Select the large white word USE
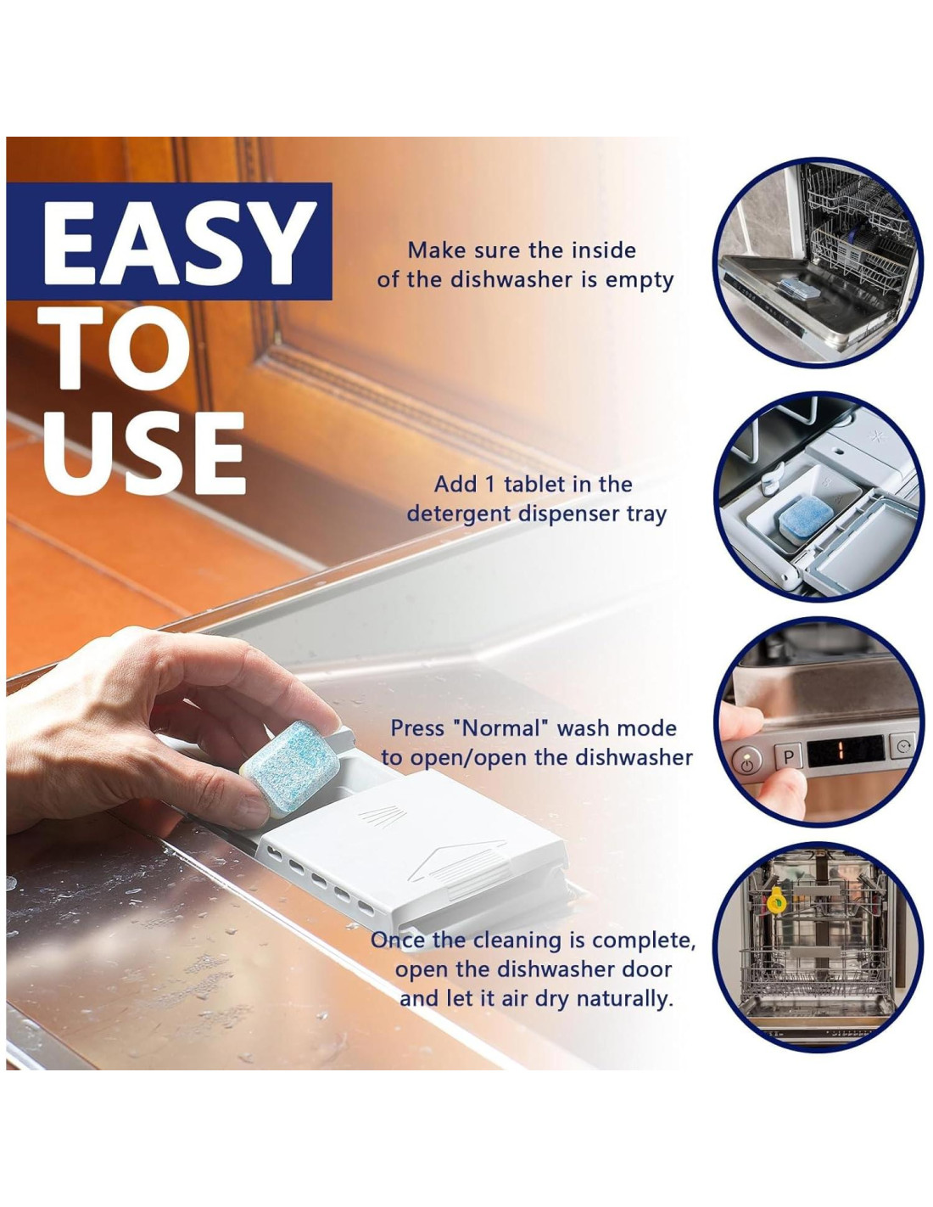coord(144,452)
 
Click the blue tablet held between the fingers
coord(289,770)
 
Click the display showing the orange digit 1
coord(844,750)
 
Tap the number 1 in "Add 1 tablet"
coord(490,485)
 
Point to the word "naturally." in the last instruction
coord(624,999)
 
